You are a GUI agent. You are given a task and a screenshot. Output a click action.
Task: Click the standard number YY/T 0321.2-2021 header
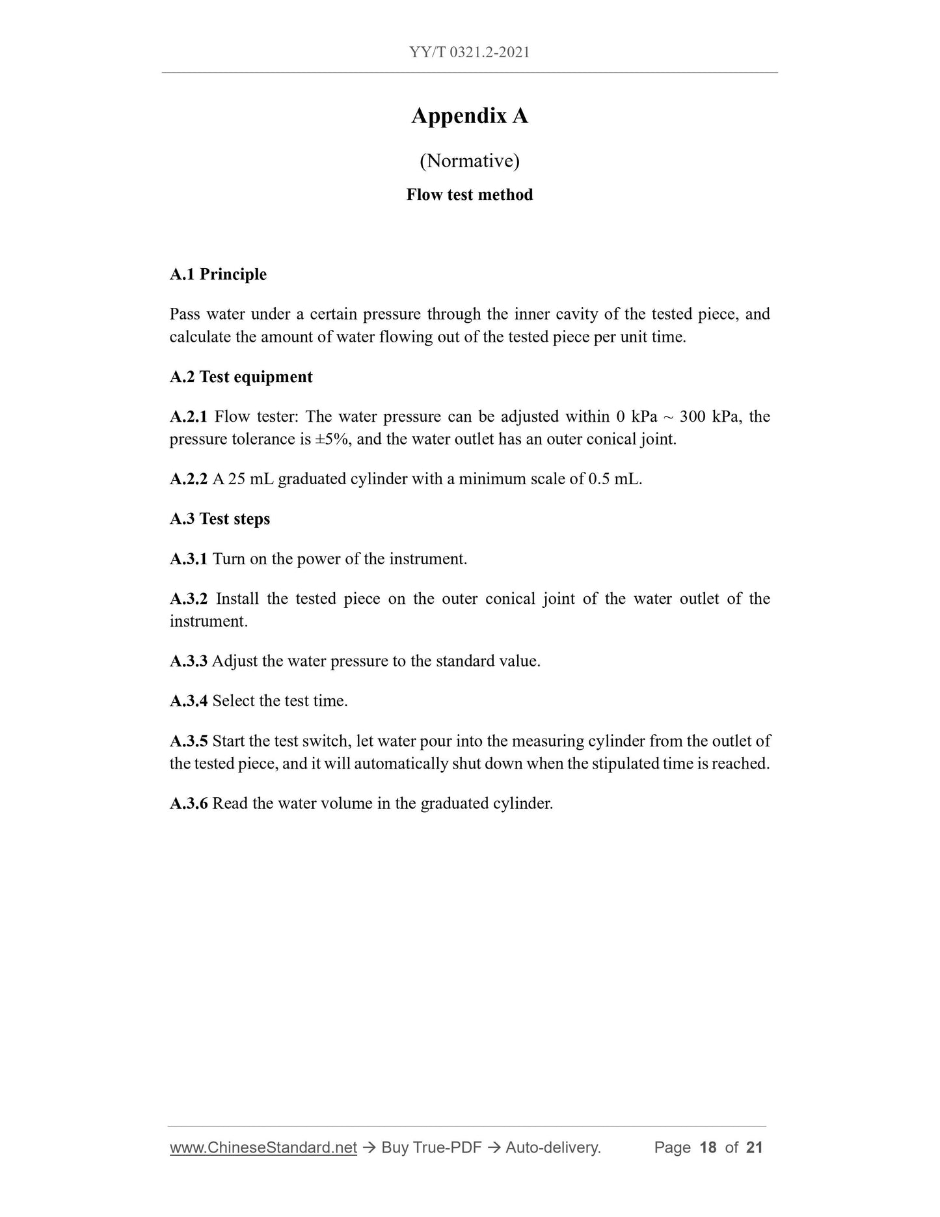pyautogui.click(x=470, y=53)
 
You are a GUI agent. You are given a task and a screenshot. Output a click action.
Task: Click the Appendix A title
pyautogui.click(x=470, y=116)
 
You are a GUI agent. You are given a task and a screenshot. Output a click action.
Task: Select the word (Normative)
pyautogui.click(x=470, y=161)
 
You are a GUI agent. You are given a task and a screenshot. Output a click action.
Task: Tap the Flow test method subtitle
pyautogui.click(x=470, y=195)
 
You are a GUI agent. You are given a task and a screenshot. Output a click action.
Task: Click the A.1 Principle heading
pyautogui.click(x=218, y=275)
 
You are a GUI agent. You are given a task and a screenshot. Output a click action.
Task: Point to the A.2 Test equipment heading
pyautogui.click(x=241, y=377)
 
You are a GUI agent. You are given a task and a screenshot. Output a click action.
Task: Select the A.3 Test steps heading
pyautogui.click(x=220, y=519)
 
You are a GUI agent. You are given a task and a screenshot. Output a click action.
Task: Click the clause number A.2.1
pyautogui.click(x=188, y=417)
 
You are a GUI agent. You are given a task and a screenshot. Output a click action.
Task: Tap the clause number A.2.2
pyautogui.click(x=188, y=480)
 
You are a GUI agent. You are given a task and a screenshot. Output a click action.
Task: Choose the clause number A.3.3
pyautogui.click(x=188, y=662)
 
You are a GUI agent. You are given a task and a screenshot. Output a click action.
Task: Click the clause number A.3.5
pyautogui.click(x=188, y=741)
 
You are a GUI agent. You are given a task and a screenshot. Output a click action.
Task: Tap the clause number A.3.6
pyautogui.click(x=188, y=804)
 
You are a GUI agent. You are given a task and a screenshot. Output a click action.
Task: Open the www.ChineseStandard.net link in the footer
pyautogui.click(x=263, y=1147)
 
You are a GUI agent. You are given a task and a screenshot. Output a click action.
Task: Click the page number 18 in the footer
pyautogui.click(x=708, y=1147)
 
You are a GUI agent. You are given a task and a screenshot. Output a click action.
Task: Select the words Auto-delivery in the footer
pyautogui.click(x=552, y=1147)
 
